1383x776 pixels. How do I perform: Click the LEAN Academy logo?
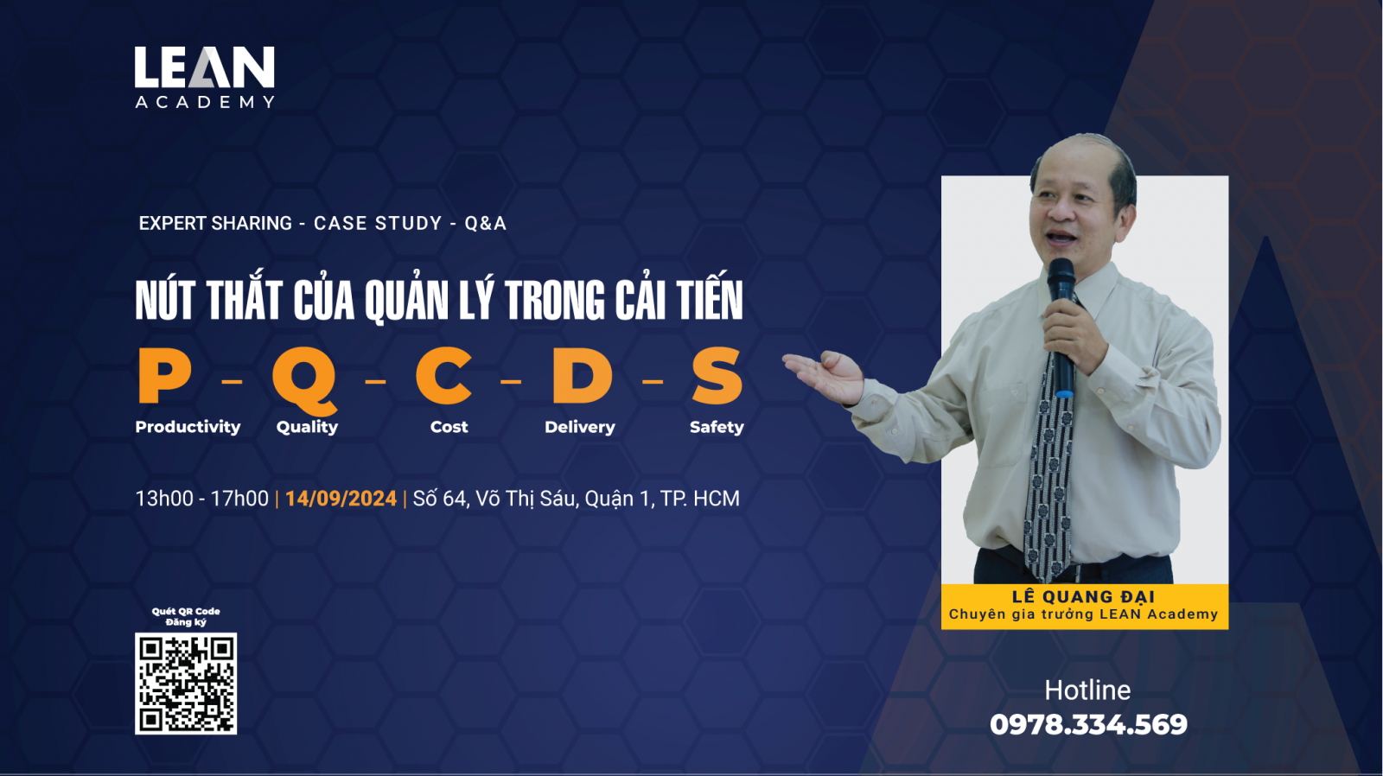(x=204, y=77)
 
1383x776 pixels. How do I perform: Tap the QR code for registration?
(x=186, y=684)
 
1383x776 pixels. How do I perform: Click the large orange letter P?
(x=163, y=375)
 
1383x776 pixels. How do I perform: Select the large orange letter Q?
(x=305, y=379)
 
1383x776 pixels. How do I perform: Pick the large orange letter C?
(x=444, y=375)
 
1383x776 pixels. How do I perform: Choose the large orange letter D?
(x=582, y=375)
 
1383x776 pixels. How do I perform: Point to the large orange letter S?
(x=717, y=375)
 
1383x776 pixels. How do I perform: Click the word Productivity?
(x=188, y=427)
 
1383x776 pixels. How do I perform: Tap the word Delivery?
(x=580, y=427)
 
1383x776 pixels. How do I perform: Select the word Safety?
(x=717, y=427)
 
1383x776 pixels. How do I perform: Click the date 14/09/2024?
(x=341, y=499)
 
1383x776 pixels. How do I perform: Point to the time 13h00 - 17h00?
(x=202, y=499)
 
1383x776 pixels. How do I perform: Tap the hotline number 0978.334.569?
(x=1088, y=725)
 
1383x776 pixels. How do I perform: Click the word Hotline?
(x=1088, y=690)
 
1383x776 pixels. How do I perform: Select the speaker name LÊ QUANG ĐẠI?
(x=1084, y=596)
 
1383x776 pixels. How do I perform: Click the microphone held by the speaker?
(x=1063, y=328)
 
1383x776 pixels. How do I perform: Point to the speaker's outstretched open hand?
(x=825, y=375)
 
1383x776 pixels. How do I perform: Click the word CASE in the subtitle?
(x=340, y=223)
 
